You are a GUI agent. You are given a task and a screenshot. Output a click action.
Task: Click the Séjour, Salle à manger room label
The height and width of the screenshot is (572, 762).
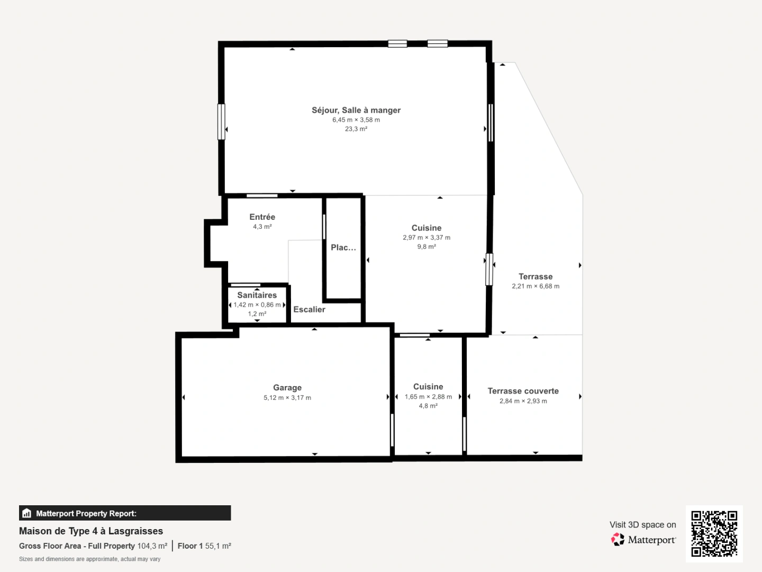[356, 110]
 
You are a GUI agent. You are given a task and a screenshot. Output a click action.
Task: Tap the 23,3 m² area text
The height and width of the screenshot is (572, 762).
[356, 129]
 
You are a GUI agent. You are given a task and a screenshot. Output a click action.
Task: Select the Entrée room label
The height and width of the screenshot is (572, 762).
[262, 217]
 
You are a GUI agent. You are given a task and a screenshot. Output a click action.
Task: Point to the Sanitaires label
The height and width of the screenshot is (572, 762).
[257, 295]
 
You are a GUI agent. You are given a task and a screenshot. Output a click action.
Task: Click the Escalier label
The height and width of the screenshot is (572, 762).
[309, 309]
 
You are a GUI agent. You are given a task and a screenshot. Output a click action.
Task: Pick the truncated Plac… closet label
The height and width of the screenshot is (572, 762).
[343, 247]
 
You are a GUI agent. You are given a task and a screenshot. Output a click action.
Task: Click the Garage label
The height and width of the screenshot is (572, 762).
[287, 388]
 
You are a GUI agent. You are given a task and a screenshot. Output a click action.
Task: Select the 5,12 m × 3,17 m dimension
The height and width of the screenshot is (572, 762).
[287, 398]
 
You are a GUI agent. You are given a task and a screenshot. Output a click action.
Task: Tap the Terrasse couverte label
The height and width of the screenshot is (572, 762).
[523, 391]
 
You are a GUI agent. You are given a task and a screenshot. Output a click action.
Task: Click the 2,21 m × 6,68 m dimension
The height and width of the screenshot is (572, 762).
[535, 286]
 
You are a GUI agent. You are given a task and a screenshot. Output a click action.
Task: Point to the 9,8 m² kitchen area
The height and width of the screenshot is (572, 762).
[426, 247]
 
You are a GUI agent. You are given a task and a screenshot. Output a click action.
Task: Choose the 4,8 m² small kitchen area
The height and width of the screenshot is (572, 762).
[428, 406]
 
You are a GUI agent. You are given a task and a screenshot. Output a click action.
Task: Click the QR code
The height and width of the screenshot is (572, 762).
[714, 533]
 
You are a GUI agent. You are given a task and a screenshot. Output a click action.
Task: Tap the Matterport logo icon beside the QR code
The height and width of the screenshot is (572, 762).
[618, 539]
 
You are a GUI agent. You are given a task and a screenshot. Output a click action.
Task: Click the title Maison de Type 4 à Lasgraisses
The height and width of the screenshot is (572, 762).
[91, 531]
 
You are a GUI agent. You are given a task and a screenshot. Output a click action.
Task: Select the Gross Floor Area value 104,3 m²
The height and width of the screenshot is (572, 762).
[152, 546]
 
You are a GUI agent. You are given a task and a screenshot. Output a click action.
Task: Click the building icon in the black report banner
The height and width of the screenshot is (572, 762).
[27, 513]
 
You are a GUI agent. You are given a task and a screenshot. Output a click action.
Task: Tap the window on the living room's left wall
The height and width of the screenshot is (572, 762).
[221, 122]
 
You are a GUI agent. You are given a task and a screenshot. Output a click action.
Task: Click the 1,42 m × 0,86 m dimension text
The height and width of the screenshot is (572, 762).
[257, 305]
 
